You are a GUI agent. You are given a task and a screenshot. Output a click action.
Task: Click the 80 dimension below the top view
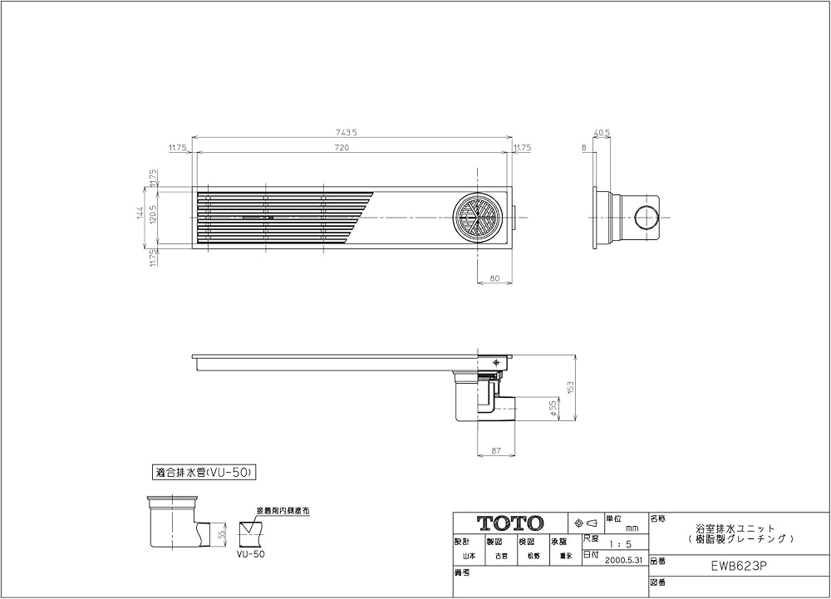coord(494,279)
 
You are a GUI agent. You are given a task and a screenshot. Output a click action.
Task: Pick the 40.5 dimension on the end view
coord(602,132)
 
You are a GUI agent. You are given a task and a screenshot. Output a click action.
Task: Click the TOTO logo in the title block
coord(509,523)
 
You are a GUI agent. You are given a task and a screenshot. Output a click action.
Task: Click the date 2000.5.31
coord(624,560)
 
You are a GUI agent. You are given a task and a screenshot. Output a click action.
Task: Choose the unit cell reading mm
coord(632,528)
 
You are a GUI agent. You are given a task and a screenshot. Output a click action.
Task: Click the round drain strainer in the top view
coord(479,218)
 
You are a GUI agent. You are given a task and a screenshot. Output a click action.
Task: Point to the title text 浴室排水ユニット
coord(735,528)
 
